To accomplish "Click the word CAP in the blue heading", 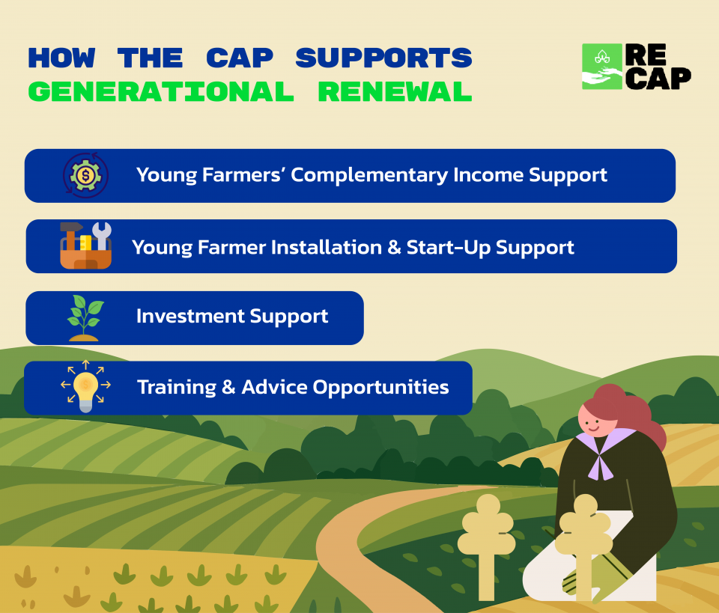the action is [x=240, y=58].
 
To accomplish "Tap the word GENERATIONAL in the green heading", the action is [x=161, y=91].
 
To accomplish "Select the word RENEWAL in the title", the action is [x=395, y=91].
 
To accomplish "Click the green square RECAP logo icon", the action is [x=602, y=67].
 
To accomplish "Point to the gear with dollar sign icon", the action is [x=85, y=175].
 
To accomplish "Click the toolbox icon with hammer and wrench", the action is [x=85, y=245].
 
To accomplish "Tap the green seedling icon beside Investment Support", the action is [x=85, y=318].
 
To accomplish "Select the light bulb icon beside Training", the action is [x=85, y=386].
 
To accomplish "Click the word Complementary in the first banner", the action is [x=369, y=175].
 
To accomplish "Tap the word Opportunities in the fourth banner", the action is [x=380, y=388].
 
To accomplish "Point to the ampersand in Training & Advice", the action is [x=228, y=388].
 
